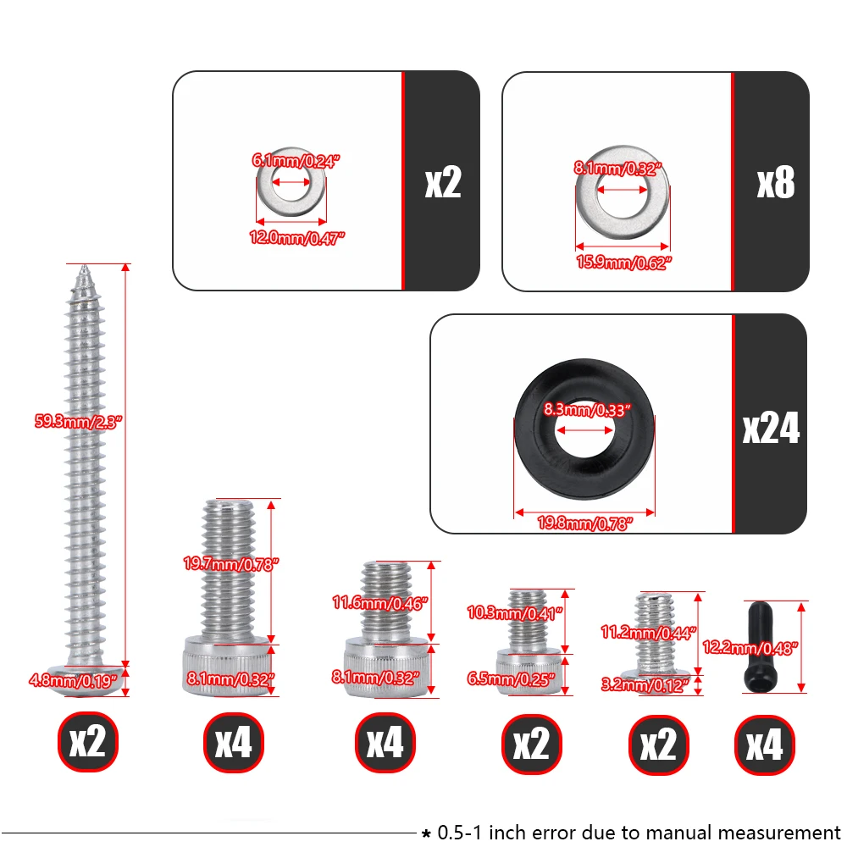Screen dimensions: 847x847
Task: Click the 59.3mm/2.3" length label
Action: (78, 421)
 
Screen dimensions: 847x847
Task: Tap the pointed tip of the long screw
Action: (84, 266)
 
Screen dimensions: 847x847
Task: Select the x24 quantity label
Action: (771, 429)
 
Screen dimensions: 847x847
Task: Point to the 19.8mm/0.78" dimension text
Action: (584, 523)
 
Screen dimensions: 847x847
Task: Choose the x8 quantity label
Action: (776, 183)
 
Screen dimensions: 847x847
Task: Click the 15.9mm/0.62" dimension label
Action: (623, 263)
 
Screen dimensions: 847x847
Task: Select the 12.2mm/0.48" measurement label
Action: (750, 647)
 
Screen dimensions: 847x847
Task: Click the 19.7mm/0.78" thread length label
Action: (230, 564)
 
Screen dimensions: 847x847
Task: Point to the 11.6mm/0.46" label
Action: (379, 603)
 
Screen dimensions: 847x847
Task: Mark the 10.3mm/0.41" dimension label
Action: (514, 612)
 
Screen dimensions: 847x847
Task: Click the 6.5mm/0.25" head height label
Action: (511, 678)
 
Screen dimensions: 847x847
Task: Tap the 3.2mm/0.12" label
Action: (645, 685)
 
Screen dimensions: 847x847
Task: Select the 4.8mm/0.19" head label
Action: (73, 680)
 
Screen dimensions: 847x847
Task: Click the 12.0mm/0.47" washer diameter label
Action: (296, 238)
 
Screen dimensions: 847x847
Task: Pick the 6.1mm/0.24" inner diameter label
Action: (296, 161)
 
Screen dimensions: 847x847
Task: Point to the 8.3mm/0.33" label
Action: (587, 410)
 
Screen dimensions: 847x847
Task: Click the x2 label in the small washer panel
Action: (443, 183)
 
